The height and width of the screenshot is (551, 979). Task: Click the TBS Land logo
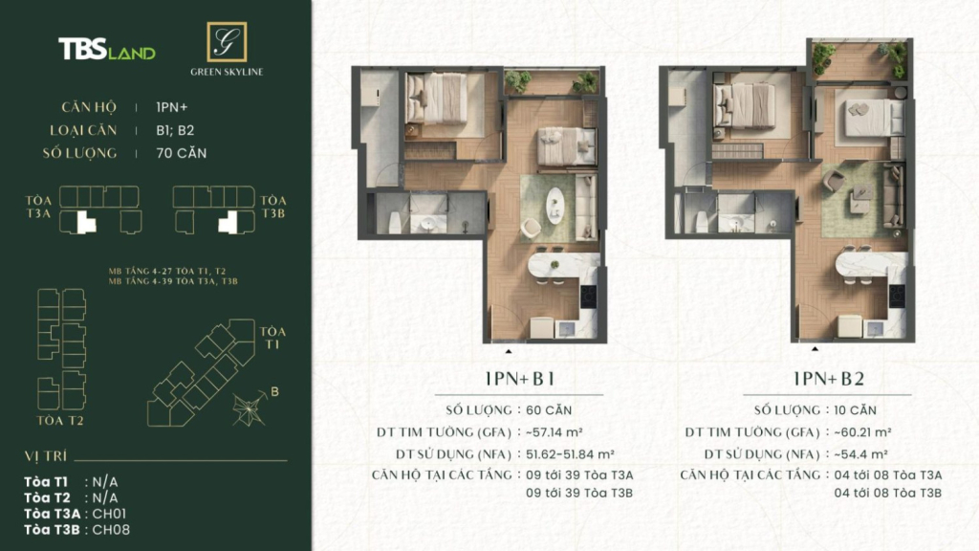pos(107,49)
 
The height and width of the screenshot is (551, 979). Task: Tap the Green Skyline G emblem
pos(227,42)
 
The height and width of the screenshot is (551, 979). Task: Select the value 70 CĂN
pos(181,153)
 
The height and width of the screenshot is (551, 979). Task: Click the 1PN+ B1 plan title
pos(519,379)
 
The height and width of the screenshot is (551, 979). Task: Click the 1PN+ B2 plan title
pos(829,379)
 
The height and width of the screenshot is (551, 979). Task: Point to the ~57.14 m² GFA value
pos(555,431)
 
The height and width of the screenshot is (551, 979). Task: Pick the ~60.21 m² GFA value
pos(863,431)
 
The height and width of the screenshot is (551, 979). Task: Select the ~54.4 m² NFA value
pos(861,454)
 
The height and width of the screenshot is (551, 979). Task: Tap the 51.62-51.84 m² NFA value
pos(570,454)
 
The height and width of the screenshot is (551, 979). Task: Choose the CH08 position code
pos(111,530)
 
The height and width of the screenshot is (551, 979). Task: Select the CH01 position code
pos(109,514)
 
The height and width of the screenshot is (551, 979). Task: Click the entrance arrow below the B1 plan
pos(509,352)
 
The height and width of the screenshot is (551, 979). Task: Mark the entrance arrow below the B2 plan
pos(815,348)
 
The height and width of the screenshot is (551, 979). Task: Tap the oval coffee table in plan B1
pos(555,206)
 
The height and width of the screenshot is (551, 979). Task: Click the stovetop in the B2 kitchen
pos(897,297)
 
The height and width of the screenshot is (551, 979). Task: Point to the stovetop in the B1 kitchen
pos(588,297)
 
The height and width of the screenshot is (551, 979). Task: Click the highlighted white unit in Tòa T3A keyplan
pos(85,223)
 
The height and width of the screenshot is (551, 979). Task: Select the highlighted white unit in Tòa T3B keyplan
pos(228,223)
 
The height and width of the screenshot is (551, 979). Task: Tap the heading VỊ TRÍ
pos(46,456)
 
